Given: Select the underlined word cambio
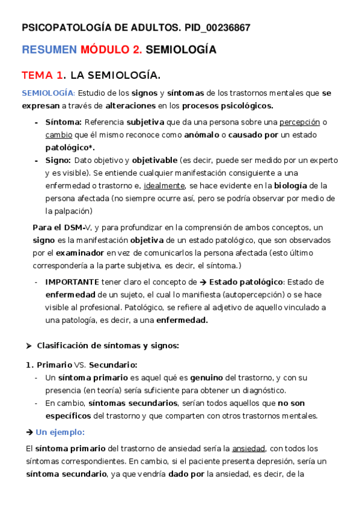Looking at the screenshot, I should tap(58, 135).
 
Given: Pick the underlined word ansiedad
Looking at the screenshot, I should tap(248, 449).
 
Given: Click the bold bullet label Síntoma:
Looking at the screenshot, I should tap(64, 122).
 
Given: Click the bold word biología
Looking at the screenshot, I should tap(291, 185).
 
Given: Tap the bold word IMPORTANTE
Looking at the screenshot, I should tap(72, 281).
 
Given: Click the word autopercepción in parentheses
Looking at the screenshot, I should tap(251, 295).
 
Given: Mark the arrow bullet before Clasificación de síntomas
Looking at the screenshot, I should tap(28, 345).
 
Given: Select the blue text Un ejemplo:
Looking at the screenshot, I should tap(60, 432).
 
